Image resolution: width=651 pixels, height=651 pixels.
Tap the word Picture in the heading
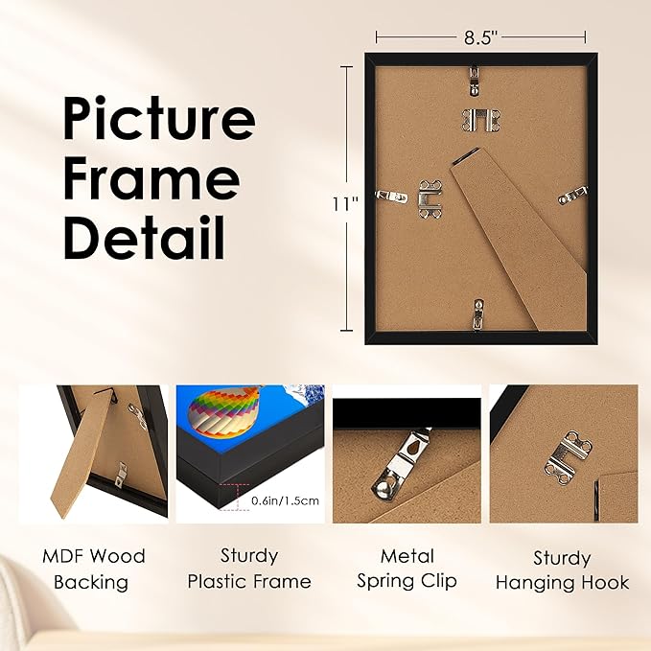click(x=159, y=119)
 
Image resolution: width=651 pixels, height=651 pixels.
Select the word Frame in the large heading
click(x=150, y=178)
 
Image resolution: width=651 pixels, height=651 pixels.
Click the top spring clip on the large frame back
click(x=477, y=80)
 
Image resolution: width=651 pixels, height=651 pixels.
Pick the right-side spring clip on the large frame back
click(x=572, y=196)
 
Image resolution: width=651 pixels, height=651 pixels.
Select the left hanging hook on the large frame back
click(x=430, y=196)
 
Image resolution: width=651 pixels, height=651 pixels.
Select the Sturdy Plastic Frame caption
click(x=248, y=569)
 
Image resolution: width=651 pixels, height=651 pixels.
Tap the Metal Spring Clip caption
click(x=407, y=569)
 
